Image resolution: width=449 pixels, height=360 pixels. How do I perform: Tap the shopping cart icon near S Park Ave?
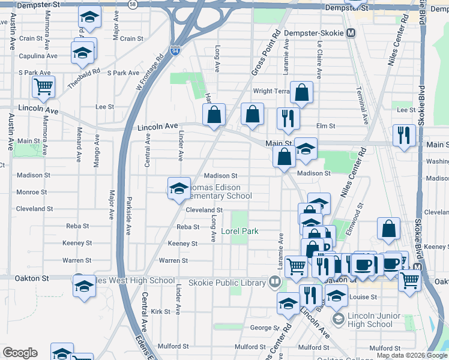[x=43, y=86]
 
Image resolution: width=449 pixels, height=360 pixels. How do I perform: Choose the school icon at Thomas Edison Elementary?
[x=178, y=188]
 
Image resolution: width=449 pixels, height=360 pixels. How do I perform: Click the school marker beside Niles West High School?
[x=83, y=285]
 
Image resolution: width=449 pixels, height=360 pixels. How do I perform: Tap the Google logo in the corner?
[x=20, y=353]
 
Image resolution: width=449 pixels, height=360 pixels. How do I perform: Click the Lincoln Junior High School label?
[x=362, y=320]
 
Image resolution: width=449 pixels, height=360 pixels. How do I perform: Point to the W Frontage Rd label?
[x=149, y=76]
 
